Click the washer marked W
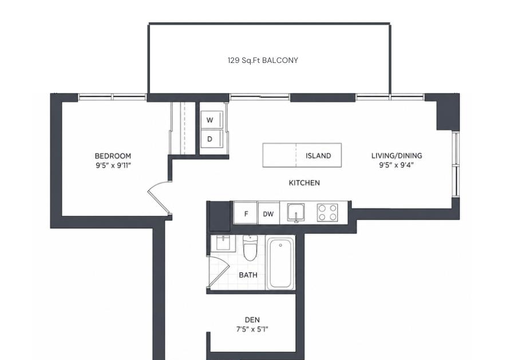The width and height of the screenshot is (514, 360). coord(212,120)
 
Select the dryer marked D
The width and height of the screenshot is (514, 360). coord(212,139)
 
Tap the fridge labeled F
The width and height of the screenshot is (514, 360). coord(246,213)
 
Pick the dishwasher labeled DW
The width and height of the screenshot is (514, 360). coord(268,214)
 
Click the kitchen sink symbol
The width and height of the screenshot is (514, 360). coord(296,213)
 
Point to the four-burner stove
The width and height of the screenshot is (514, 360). coord(327,212)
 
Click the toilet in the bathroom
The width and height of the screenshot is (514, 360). coord(250,248)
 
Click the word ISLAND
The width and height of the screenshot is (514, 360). coord(318,156)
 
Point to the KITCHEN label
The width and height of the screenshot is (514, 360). coord(304,183)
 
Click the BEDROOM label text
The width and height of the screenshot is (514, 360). coord(113,156)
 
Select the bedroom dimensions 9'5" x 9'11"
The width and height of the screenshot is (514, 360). coord(113,165)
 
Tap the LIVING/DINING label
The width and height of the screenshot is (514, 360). coord(397,156)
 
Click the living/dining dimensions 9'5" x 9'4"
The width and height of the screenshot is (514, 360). coord(396,165)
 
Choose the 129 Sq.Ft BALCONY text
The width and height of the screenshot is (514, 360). coord(263,60)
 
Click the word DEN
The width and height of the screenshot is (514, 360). coord(252,320)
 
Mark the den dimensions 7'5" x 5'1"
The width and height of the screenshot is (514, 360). coord(252,329)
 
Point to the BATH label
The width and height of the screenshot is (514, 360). coord(248,275)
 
